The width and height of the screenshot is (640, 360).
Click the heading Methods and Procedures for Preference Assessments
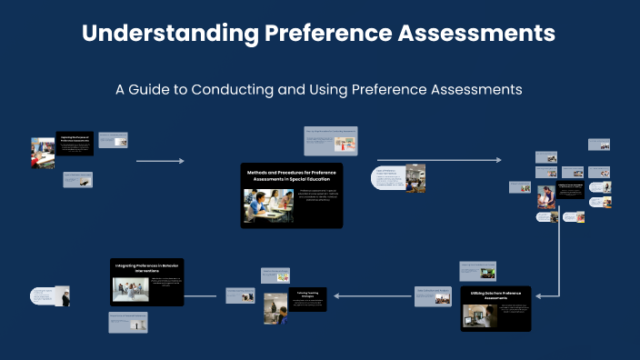293,175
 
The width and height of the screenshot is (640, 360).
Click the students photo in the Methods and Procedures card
268,205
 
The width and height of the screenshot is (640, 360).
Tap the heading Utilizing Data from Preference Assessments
495,295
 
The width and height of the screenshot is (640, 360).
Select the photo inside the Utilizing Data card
478,315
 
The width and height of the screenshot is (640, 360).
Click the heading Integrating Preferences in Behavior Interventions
148,267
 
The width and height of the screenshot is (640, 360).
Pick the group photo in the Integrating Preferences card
130,290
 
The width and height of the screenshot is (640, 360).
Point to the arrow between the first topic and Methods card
160,161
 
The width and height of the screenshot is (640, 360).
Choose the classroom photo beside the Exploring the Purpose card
43,152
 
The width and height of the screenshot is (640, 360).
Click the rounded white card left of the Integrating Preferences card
47,296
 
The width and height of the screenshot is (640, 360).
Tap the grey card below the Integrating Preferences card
127,321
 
